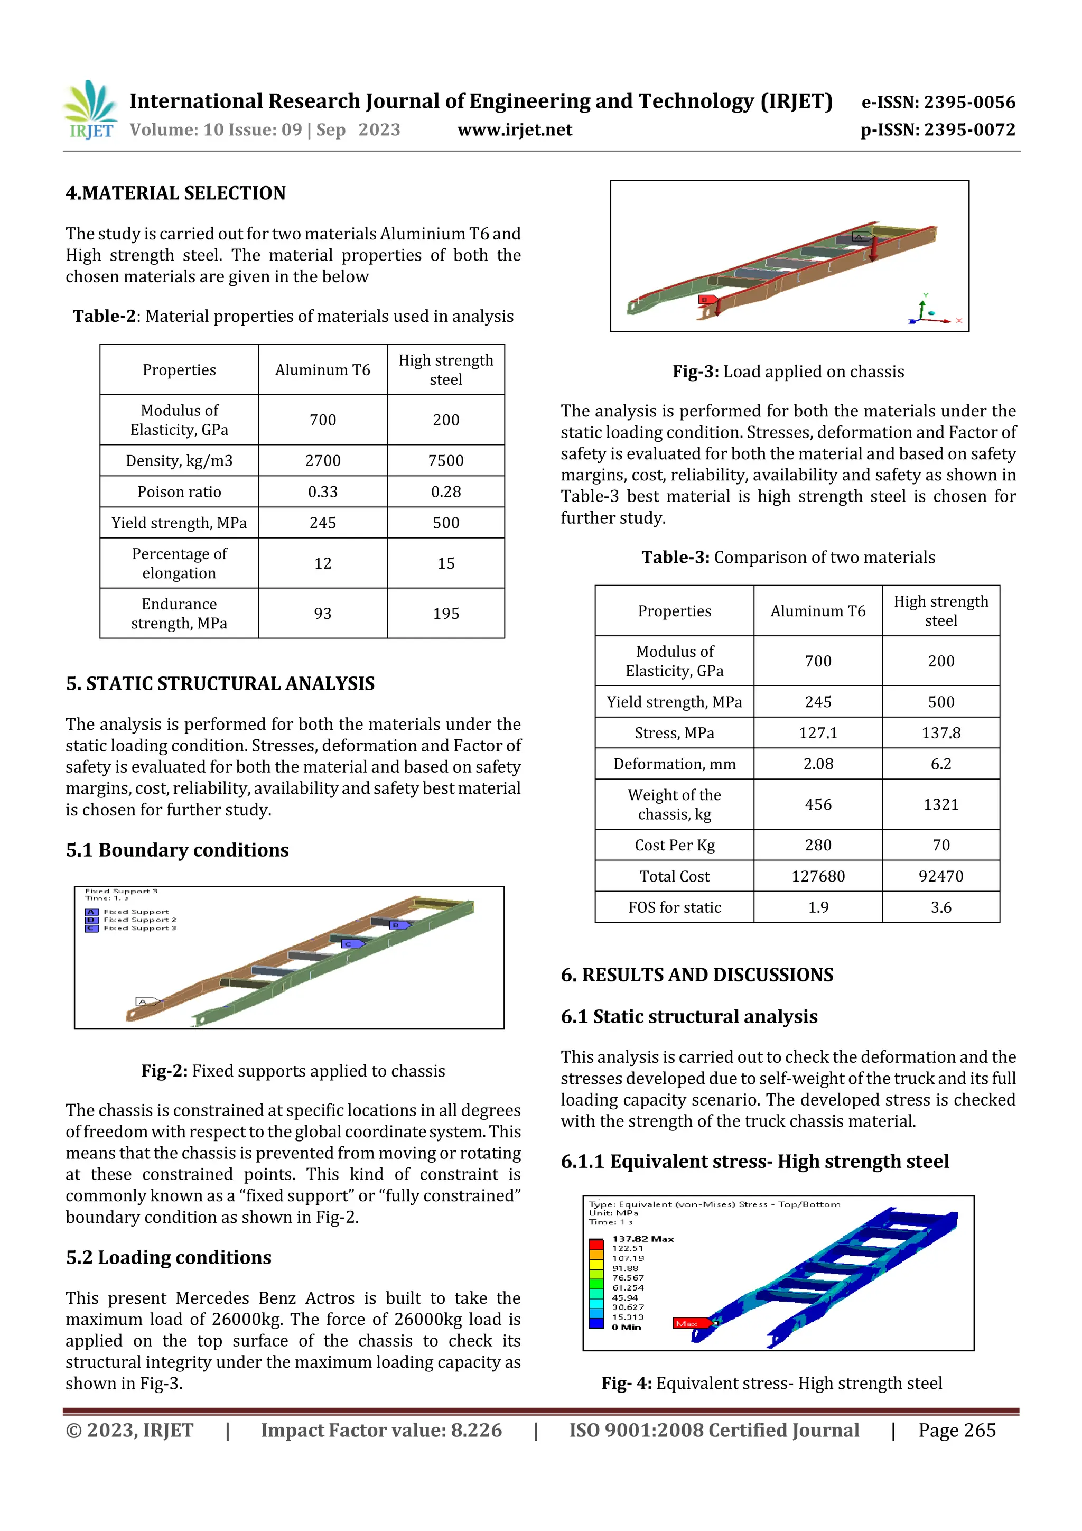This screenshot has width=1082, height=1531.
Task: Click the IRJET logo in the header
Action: click(x=89, y=110)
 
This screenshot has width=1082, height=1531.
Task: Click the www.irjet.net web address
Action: click(x=514, y=130)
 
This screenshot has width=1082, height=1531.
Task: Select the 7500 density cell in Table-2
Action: click(x=445, y=461)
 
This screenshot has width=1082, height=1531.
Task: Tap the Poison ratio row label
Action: click(x=179, y=492)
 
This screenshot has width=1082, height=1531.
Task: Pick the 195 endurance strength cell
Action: click(x=445, y=614)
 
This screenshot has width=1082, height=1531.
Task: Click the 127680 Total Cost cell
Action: click(x=817, y=876)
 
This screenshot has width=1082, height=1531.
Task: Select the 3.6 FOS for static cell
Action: click(x=940, y=907)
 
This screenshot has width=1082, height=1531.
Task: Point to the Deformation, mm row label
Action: click(x=674, y=764)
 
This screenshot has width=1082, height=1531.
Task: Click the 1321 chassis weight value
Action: click(x=940, y=805)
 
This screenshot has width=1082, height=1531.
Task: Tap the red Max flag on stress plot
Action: click(x=690, y=1324)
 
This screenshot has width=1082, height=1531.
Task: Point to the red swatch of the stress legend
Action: click(x=596, y=1244)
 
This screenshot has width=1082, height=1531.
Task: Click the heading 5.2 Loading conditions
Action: click(x=169, y=1258)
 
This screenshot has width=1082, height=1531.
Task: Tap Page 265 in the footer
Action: click(x=956, y=1430)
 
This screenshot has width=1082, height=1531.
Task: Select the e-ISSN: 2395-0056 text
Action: click(x=938, y=102)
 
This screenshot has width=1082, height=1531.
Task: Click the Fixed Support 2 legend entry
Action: click(x=138, y=920)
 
